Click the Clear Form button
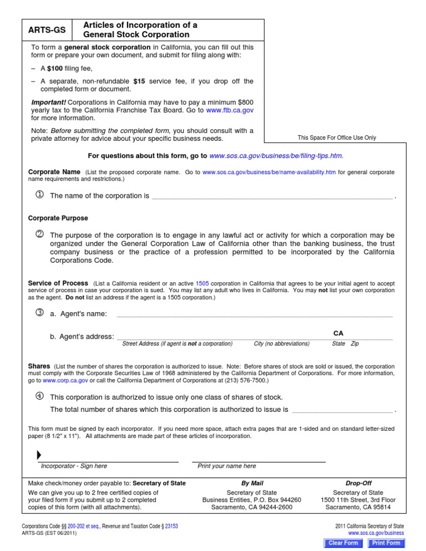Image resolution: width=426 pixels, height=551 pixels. [343, 543]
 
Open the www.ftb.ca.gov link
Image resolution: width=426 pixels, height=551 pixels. [230, 110]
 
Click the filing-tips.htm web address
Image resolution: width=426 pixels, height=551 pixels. [280, 156]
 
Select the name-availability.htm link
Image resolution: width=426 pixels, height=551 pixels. [269, 172]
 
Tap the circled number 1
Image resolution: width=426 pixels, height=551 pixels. [39, 195]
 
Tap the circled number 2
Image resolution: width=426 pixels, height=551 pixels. [39, 234]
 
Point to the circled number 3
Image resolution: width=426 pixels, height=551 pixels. [39, 313]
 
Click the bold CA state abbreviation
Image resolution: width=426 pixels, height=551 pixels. [338, 333]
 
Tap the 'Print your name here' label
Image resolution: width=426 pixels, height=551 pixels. [227, 466]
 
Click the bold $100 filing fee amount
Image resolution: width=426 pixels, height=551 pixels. [54, 69]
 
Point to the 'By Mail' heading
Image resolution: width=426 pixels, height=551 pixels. [252, 483]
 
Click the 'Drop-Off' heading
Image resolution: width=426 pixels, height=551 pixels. [358, 483]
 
